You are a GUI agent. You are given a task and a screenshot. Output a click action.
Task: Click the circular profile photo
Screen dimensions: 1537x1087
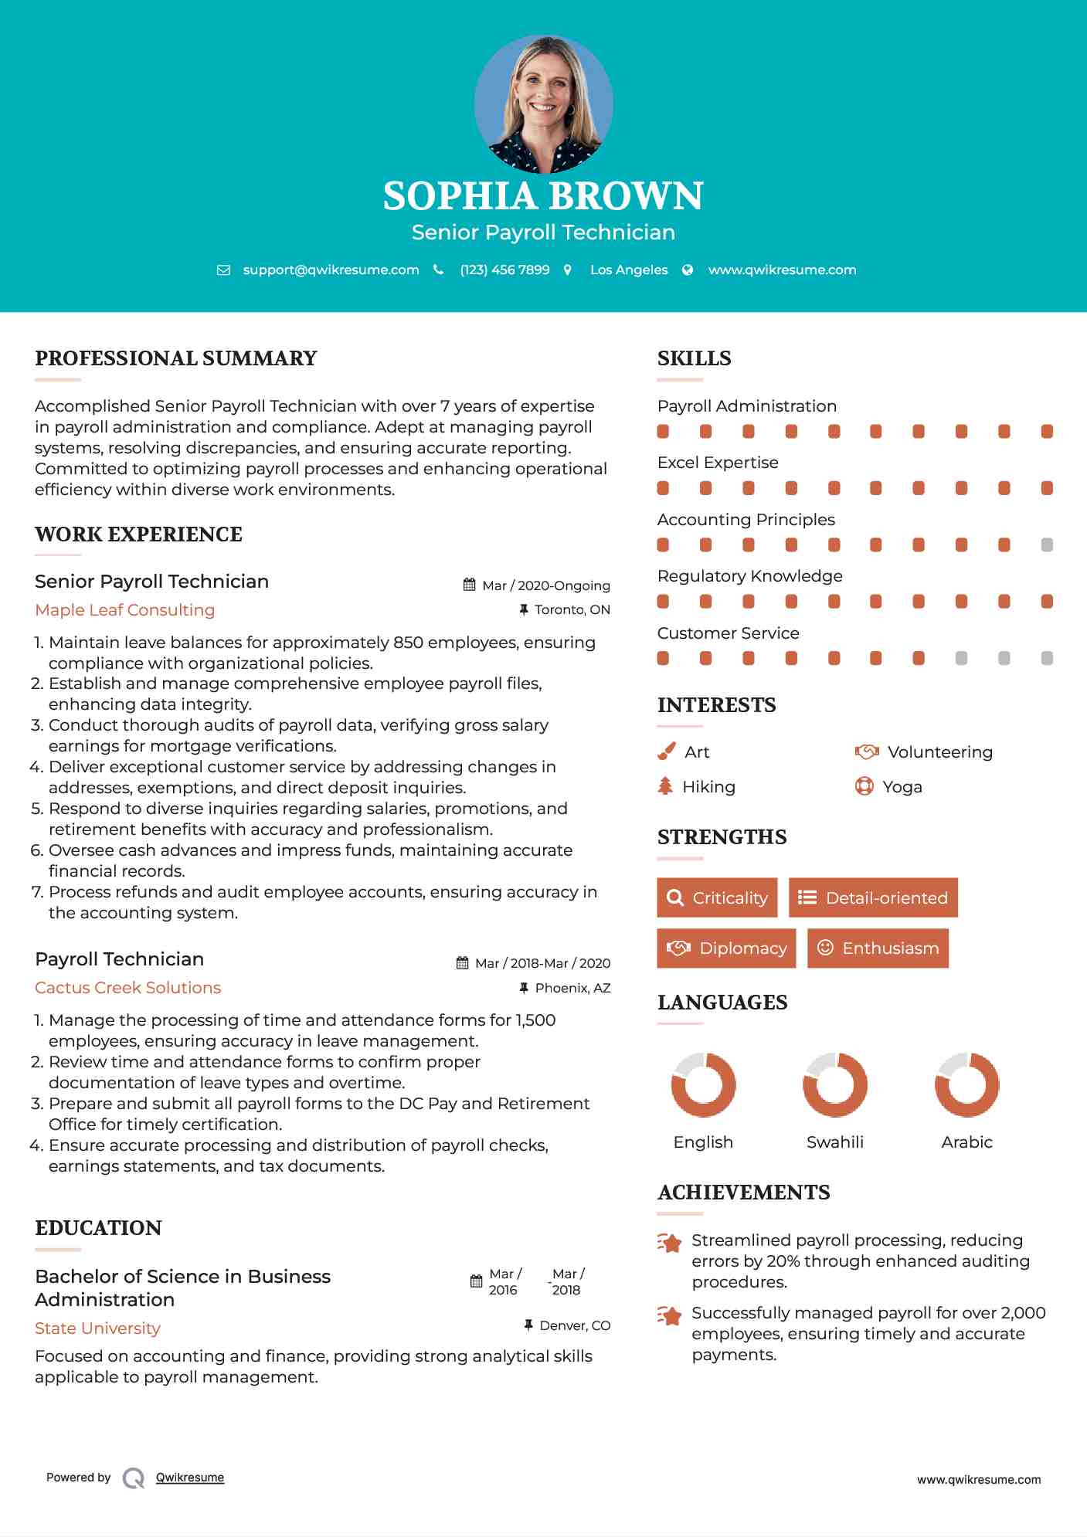(543, 103)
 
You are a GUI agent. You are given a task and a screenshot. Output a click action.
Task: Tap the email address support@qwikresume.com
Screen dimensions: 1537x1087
(331, 270)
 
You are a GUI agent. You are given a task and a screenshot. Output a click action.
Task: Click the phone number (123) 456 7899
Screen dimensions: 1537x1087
(504, 270)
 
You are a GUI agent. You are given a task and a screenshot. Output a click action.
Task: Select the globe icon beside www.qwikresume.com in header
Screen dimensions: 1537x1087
(688, 270)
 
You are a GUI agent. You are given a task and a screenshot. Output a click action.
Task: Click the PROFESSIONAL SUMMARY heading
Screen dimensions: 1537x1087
(176, 358)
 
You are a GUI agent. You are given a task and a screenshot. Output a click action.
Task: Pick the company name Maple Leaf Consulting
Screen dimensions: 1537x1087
(124, 610)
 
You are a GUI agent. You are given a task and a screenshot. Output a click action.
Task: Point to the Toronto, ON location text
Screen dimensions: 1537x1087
(572, 609)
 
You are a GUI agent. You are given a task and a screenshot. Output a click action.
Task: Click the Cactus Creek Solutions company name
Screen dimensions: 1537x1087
(127, 988)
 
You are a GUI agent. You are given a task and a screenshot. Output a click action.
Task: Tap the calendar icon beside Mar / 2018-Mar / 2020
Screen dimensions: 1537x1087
(462, 963)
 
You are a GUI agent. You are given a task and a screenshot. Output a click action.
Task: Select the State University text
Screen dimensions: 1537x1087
(97, 1328)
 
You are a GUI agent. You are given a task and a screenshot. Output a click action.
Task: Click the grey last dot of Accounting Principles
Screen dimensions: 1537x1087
(1046, 545)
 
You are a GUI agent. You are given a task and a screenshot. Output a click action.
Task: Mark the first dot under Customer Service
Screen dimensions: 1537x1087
(663, 658)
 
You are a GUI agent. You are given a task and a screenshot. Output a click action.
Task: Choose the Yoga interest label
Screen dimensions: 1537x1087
(902, 787)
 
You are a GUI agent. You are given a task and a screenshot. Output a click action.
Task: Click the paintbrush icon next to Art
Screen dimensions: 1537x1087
(666, 752)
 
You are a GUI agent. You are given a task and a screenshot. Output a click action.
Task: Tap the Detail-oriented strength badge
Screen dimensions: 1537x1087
(873, 897)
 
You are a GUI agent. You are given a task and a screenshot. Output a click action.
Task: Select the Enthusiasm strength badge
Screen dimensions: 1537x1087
(878, 948)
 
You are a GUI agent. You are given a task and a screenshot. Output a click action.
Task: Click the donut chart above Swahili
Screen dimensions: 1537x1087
(834, 1084)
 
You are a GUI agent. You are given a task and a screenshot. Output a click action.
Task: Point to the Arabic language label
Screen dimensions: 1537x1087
(966, 1142)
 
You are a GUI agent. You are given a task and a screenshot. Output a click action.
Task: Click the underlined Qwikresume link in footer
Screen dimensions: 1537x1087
(190, 1478)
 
